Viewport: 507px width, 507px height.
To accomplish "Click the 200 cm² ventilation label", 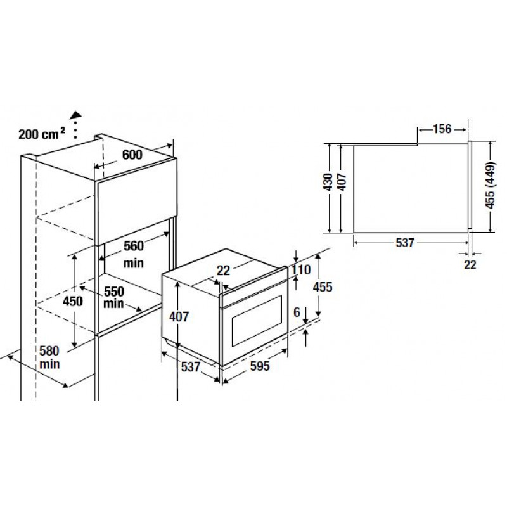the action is point(42,134).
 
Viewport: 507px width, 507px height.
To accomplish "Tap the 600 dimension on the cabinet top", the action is point(132,155).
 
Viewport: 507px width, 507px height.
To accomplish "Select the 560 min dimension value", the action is point(134,255).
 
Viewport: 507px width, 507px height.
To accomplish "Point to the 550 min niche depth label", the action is point(114,297).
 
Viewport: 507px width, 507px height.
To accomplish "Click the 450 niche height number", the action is point(73,302).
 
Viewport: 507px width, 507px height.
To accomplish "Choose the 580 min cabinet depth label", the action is point(49,357).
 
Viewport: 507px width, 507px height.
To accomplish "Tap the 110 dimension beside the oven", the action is point(300,269).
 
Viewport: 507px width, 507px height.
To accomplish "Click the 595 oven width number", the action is point(260,366).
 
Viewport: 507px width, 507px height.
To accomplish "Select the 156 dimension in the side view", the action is point(442,129).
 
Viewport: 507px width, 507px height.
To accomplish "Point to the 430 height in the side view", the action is point(328,182).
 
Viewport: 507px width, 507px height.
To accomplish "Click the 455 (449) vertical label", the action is point(491,185).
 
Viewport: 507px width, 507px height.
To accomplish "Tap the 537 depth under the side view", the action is point(405,243).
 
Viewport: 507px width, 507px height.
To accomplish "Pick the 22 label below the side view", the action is point(470,265).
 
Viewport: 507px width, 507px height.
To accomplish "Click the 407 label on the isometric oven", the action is point(179,316).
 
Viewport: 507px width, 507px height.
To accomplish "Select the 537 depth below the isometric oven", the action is point(191,367).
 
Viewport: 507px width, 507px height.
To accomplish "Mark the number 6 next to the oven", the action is point(297,312).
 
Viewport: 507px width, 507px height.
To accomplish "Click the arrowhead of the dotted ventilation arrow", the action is point(77,114).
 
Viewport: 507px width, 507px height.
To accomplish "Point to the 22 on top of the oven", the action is point(223,271).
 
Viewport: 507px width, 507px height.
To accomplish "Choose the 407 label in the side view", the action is point(342,182).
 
